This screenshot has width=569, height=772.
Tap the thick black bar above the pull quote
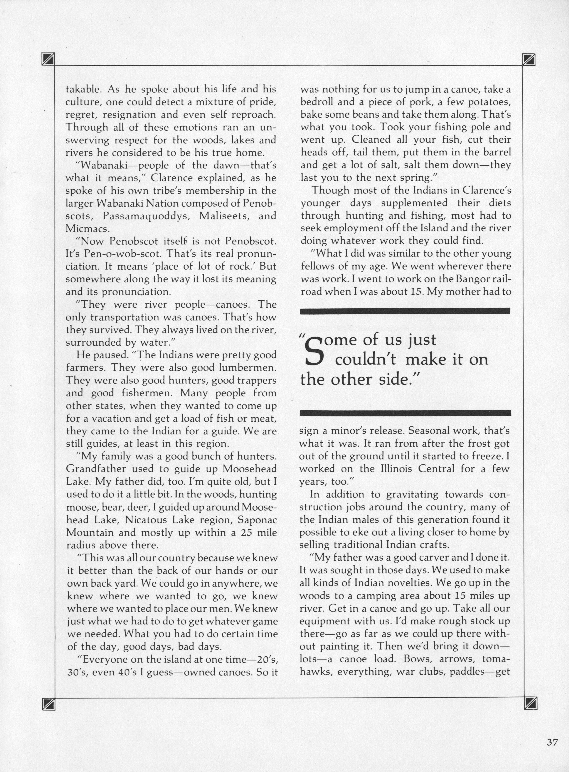(x=405, y=311)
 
